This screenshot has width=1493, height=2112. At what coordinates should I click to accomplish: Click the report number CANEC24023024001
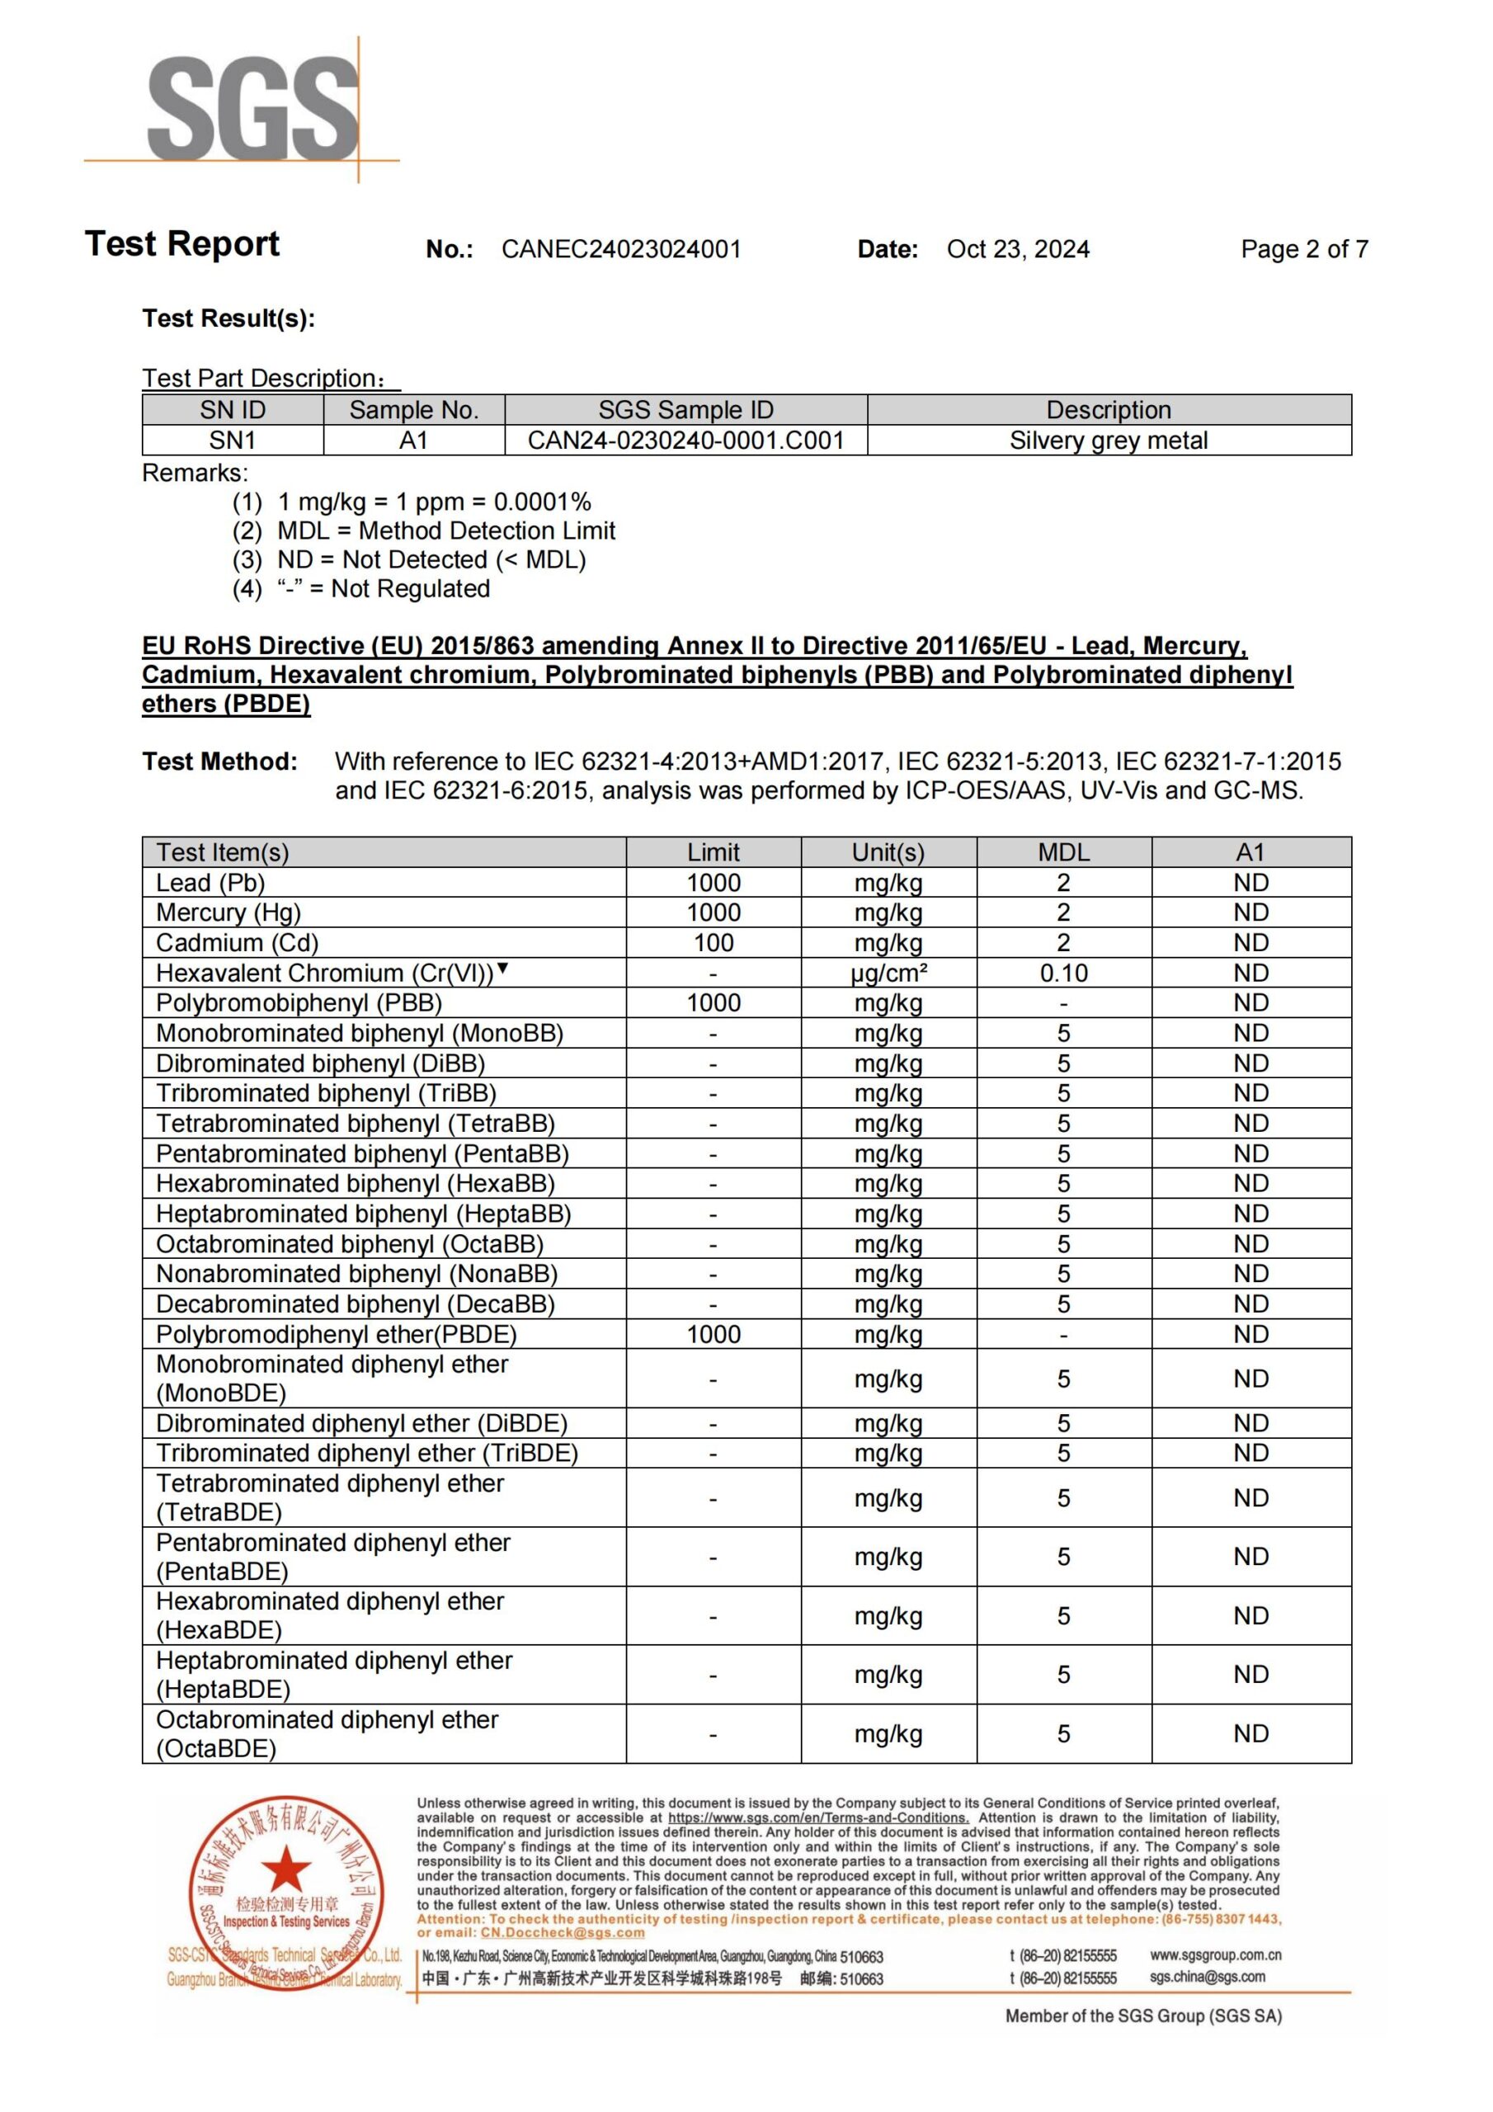pyautogui.click(x=621, y=249)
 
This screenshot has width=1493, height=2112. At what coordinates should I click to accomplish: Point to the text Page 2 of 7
pyautogui.click(x=1303, y=249)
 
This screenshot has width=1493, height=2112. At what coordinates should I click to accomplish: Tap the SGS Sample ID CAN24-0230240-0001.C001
pyautogui.click(x=685, y=441)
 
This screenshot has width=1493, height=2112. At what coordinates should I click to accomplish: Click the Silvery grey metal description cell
pyautogui.click(x=1109, y=441)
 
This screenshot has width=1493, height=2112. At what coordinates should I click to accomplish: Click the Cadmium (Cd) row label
pyautogui.click(x=237, y=943)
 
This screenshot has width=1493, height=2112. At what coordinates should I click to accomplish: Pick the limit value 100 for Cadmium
pyautogui.click(x=713, y=943)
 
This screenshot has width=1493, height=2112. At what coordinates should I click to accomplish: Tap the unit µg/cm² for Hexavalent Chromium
pyautogui.click(x=888, y=973)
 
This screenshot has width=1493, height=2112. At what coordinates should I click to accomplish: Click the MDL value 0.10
pyautogui.click(x=1063, y=973)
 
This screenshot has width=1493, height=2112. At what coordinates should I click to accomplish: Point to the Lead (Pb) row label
pyautogui.click(x=210, y=883)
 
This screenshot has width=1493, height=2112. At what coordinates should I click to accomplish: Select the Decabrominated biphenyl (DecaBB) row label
pyautogui.click(x=355, y=1304)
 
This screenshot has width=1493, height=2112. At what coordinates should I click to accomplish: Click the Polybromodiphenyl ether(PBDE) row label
pyautogui.click(x=336, y=1335)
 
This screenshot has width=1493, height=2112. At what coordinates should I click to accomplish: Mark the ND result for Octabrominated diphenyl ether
pyautogui.click(x=1251, y=1734)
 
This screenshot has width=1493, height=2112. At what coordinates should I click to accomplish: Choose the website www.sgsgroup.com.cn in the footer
pyautogui.click(x=1215, y=1954)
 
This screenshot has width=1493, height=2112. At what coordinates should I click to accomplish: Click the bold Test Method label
pyautogui.click(x=220, y=761)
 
